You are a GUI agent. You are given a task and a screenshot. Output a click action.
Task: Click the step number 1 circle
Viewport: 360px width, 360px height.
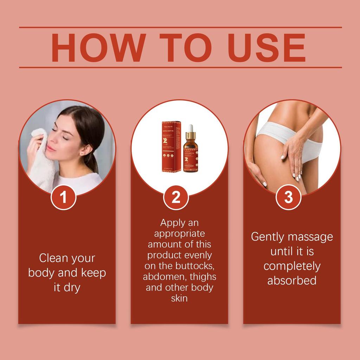[x=64, y=197]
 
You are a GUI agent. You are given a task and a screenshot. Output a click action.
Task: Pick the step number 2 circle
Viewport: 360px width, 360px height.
[x=176, y=197]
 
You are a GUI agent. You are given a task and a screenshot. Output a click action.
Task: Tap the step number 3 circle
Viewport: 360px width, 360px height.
[x=288, y=197]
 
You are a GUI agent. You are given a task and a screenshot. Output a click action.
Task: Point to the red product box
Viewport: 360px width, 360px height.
[x=171, y=147]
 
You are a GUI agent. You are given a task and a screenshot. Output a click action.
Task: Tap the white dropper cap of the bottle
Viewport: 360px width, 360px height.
[x=190, y=128]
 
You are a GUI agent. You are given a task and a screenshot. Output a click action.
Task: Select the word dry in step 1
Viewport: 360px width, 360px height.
[x=72, y=287]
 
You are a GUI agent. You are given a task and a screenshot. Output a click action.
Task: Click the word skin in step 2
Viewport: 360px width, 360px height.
[x=179, y=298]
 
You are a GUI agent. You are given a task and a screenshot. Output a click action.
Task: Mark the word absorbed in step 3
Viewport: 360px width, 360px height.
[x=291, y=281]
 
